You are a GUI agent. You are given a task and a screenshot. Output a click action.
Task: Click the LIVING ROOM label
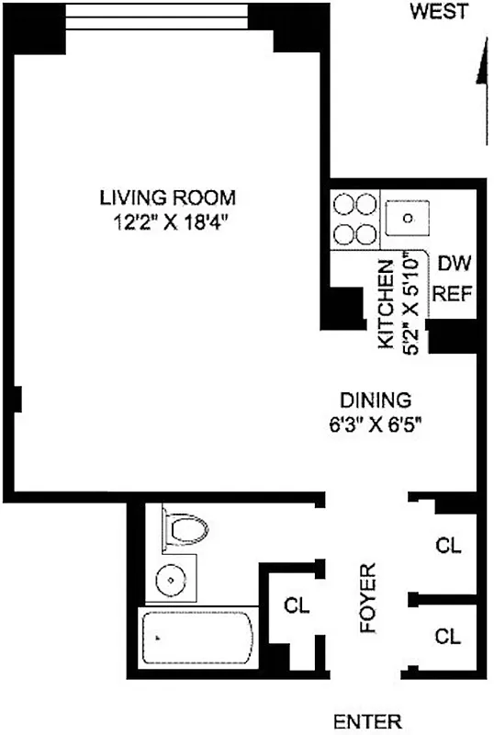click(168, 197)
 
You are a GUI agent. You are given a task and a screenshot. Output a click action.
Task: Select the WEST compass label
click(439, 12)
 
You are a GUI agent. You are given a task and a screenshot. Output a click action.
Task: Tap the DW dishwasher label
click(454, 265)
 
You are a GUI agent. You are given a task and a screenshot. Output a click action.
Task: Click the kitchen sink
click(408, 220)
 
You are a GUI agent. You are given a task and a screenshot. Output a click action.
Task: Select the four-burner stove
click(354, 219)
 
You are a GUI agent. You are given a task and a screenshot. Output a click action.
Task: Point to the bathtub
click(197, 638)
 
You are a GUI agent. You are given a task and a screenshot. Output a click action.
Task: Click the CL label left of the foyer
click(296, 605)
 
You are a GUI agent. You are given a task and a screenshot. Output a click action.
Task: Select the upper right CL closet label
click(448, 546)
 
